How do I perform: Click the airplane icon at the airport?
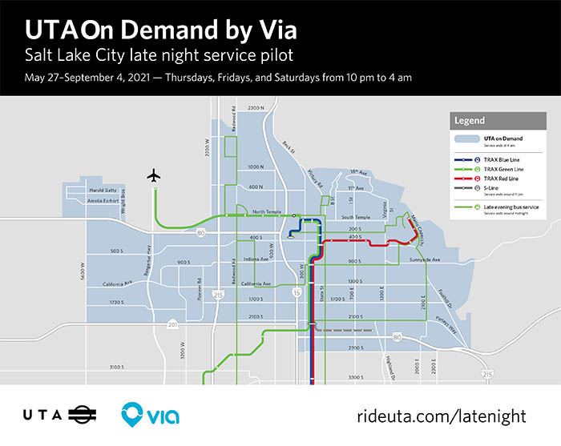[x=154, y=175]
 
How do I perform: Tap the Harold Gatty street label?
[x=103, y=191]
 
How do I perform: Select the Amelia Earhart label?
[x=103, y=200]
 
